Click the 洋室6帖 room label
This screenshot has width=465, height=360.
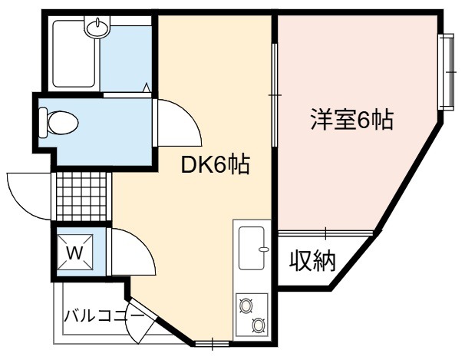352,119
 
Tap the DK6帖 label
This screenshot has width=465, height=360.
216,164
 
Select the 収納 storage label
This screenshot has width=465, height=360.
312,261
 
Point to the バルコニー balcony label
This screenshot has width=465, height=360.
104,315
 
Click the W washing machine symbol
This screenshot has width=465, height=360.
74,253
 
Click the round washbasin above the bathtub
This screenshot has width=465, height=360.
97,28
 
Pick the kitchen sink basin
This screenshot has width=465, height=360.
252,248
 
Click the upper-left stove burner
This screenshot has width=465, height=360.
246,306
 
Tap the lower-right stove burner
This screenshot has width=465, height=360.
259,325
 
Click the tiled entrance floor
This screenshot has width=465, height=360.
81,197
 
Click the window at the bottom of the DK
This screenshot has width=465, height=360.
213,344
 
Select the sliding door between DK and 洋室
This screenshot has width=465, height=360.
275,95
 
